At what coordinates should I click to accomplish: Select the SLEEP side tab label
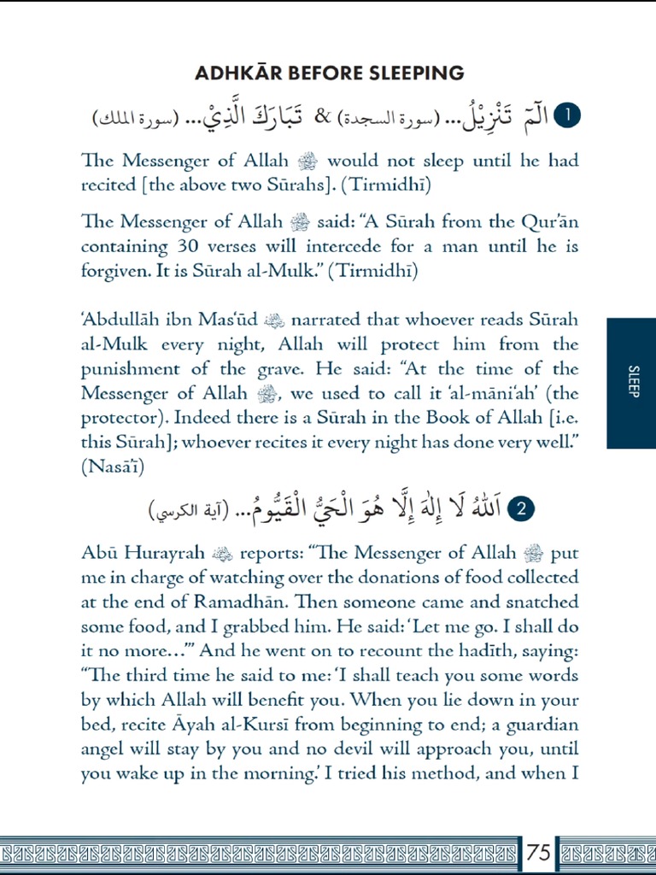[x=632, y=383]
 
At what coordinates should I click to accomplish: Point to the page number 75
[x=538, y=852]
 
